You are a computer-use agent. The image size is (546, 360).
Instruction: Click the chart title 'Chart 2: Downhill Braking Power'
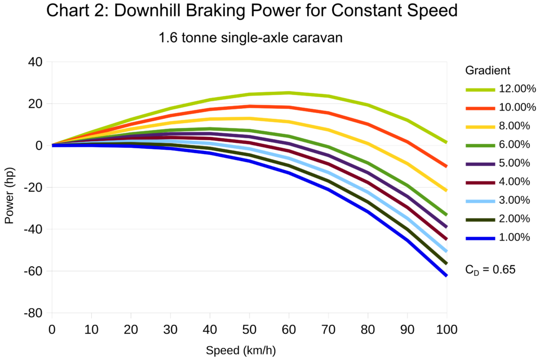[x=252, y=11]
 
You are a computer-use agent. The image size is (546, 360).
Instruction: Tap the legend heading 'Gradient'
[x=488, y=70]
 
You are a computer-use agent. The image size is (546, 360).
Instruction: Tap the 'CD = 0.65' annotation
[x=490, y=270]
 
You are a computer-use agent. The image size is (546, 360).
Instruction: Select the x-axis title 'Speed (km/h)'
[x=241, y=350]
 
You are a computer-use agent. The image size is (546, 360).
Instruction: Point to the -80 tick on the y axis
[x=34, y=314]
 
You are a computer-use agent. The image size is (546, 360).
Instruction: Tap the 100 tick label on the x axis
[x=446, y=330]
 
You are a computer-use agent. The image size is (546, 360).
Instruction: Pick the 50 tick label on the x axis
[x=250, y=330]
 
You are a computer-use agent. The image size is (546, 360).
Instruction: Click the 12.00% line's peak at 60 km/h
[x=288, y=93]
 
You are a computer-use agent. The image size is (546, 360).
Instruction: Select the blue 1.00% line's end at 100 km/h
[x=446, y=275]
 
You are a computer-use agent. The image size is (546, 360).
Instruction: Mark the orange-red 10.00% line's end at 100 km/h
[x=446, y=166]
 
